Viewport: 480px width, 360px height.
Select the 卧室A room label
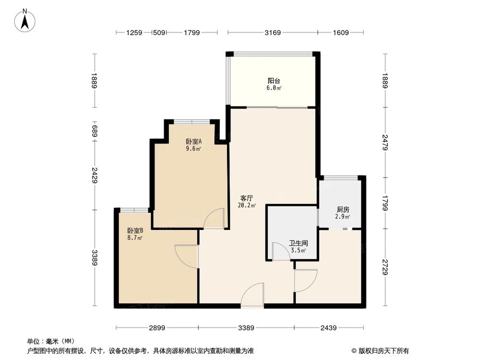(193, 142)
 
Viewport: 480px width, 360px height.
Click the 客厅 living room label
(247, 198)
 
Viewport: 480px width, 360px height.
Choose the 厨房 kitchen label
(343, 209)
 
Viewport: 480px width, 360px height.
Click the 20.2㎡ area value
(247, 205)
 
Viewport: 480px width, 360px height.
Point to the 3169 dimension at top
(272, 33)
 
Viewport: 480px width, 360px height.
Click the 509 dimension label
(158, 33)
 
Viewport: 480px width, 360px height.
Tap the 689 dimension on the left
(95, 131)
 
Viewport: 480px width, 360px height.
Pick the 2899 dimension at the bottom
(157, 328)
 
